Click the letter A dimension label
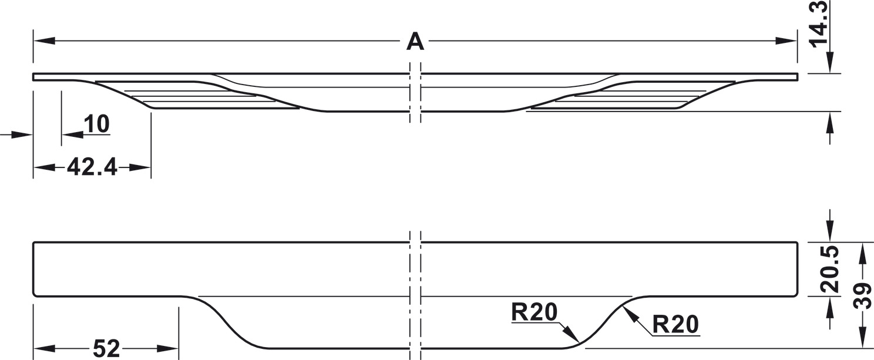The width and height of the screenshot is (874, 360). coord(415,42)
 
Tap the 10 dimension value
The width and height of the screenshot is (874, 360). coord(96,125)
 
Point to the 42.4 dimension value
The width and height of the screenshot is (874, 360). coord(92,167)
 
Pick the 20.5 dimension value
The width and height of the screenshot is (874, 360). coord(829,270)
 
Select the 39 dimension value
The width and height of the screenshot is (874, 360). coord(862,294)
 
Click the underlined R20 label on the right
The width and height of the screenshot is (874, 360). coord(675,324)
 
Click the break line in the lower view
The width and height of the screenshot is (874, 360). coord(415,294)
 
